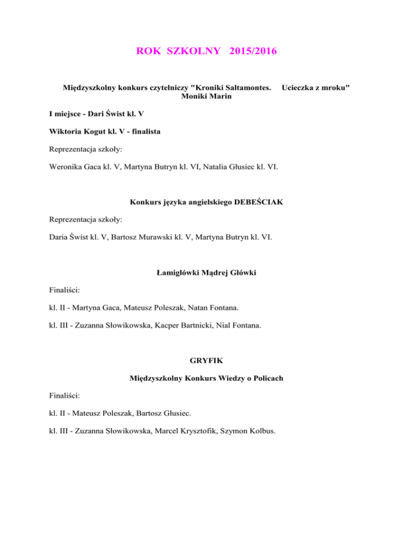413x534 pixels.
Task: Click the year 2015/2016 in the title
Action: click(x=253, y=52)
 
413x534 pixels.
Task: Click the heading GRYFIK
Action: click(x=206, y=361)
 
